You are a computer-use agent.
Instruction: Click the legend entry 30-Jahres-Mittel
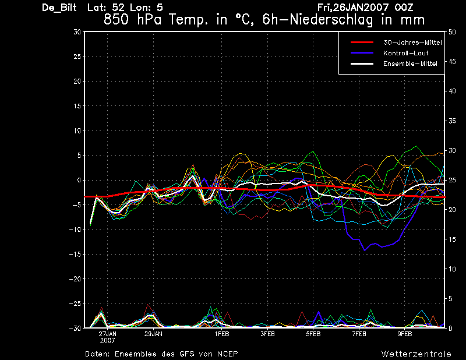coord(412,43)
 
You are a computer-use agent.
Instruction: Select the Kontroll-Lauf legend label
coord(405,53)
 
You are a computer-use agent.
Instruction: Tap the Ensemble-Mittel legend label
coord(410,63)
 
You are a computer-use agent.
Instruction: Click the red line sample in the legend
coord(362,43)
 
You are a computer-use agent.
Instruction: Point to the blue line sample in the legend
coord(362,53)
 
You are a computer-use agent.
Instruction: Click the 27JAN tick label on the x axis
coord(108,334)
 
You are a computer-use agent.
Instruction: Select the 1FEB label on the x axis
coord(222,334)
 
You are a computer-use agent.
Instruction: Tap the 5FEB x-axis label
coord(313,334)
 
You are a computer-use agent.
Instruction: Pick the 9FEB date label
coord(405,334)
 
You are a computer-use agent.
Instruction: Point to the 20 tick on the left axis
coord(77,81)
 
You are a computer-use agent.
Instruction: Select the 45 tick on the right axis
coord(452,62)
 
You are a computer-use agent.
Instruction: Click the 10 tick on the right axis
coord(452,269)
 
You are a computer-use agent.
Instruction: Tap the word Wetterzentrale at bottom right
coord(416,354)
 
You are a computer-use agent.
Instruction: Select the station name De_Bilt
coord(59,8)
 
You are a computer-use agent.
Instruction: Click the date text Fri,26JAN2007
coord(353,8)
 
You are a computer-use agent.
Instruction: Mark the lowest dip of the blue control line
coord(365,250)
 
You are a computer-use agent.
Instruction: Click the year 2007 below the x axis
coord(108,341)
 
